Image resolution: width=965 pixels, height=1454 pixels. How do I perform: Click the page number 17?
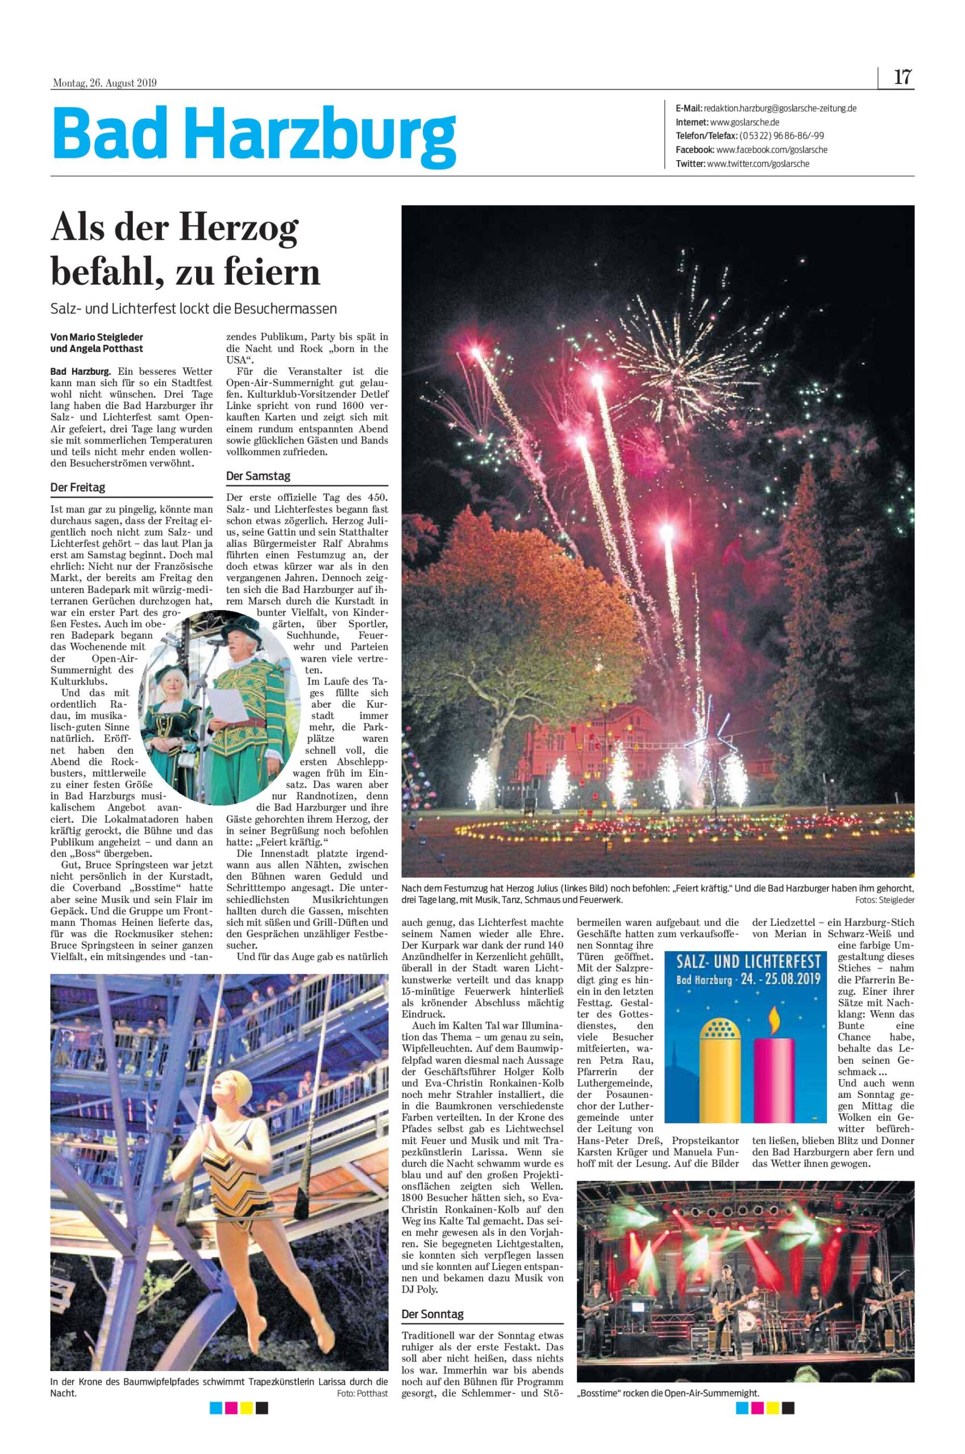click(902, 78)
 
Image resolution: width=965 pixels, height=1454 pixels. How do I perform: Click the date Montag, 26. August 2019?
click(104, 83)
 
